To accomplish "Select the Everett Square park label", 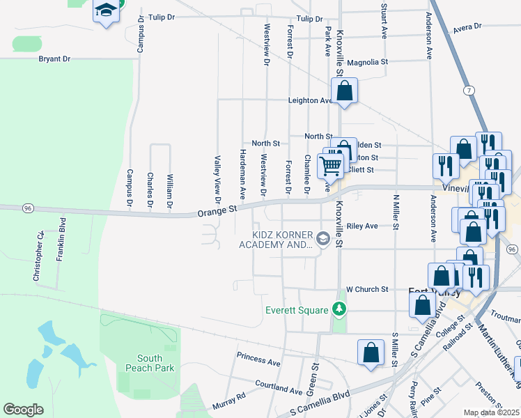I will [x=296, y=309].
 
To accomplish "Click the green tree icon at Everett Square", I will [x=339, y=308].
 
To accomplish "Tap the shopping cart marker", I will [x=330, y=166].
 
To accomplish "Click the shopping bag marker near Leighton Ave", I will [x=344, y=91].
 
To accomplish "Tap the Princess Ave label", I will [x=258, y=360].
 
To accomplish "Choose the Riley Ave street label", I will [x=361, y=226].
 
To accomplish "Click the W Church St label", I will [x=367, y=289].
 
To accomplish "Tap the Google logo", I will [x=23, y=410].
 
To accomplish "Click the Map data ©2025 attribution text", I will [x=492, y=412].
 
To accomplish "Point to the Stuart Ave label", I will [x=384, y=21].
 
